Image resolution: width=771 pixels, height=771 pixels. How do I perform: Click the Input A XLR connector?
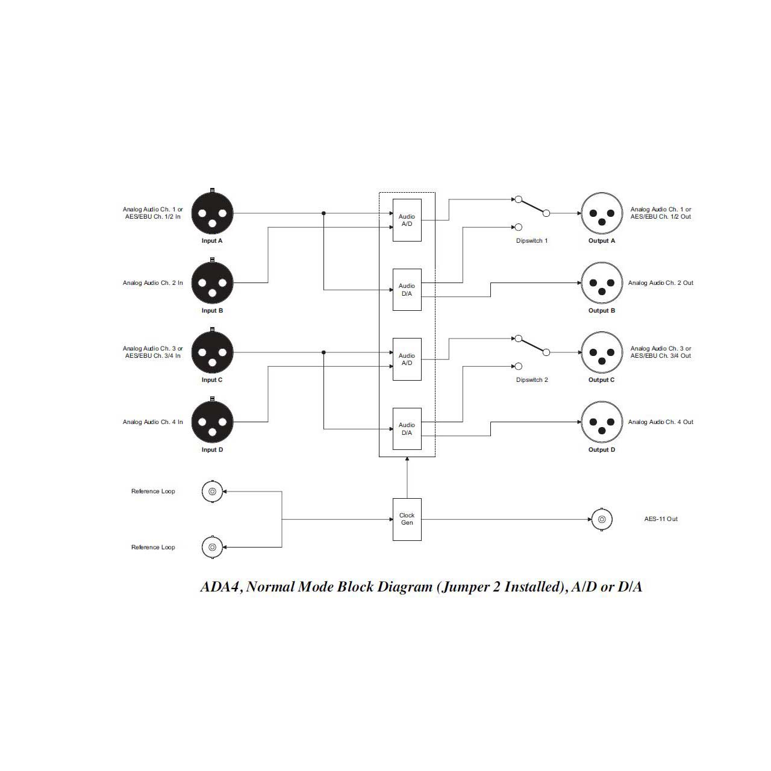[212, 213]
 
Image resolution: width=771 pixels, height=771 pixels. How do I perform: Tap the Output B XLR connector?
[601, 283]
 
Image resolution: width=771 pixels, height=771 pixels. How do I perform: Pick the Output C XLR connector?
[601, 352]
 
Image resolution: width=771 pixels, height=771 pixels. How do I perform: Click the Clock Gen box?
[407, 519]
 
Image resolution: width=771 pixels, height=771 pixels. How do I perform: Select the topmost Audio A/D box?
[407, 220]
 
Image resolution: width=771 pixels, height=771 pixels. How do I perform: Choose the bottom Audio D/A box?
[407, 429]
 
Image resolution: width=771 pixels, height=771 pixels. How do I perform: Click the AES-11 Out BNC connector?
[601, 519]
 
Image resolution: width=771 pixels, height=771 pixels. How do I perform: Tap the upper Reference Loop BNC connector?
[212, 492]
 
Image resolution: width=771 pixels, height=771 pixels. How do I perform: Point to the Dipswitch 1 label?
[532, 241]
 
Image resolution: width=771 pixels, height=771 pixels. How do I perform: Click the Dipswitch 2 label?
[532, 379]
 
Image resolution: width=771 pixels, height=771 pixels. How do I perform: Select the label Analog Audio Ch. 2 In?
[153, 283]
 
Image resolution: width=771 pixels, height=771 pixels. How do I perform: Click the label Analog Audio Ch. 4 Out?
[661, 422]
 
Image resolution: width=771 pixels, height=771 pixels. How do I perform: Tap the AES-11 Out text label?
[661, 519]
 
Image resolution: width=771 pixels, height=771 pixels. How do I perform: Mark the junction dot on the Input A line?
[323, 213]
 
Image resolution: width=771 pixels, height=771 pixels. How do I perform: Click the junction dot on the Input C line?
[323, 352]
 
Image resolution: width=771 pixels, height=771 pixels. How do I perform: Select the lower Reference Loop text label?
[153, 548]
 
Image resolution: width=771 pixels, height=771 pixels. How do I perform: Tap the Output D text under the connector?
[601, 450]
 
